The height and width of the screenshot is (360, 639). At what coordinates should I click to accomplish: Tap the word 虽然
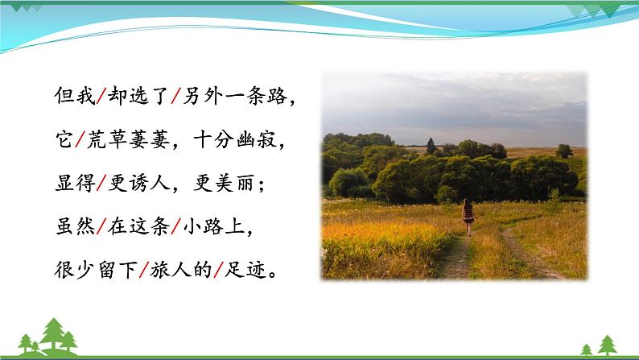click(x=68, y=228)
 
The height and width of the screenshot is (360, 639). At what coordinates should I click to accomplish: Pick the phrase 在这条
click(x=134, y=228)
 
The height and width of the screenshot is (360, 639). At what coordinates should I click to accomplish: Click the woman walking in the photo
click(x=468, y=216)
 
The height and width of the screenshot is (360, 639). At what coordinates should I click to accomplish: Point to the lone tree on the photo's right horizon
click(x=564, y=151)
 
